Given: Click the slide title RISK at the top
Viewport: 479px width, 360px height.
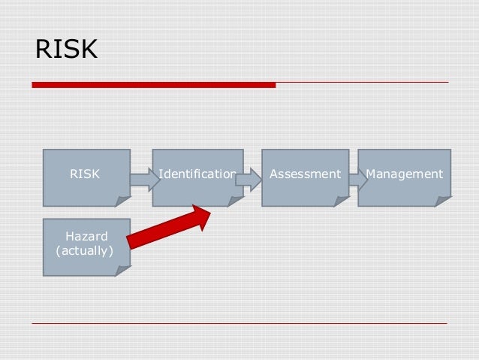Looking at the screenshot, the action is pyautogui.click(x=66, y=50).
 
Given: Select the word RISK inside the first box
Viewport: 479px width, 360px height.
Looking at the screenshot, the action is pyautogui.click(x=84, y=174).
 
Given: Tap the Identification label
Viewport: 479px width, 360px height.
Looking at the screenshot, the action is pyautogui.click(x=197, y=174).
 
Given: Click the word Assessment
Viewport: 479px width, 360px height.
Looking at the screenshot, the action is pyautogui.click(x=305, y=174).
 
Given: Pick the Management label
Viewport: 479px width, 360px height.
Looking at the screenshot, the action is pyautogui.click(x=404, y=174).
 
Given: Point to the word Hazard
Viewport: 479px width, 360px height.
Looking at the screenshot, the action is pyautogui.click(x=86, y=237).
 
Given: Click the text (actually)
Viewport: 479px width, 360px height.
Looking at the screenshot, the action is pyautogui.click(x=85, y=250).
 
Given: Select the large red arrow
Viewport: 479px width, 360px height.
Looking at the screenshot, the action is pyautogui.click(x=169, y=228).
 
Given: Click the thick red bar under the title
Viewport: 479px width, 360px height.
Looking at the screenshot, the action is pyautogui.click(x=154, y=85).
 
